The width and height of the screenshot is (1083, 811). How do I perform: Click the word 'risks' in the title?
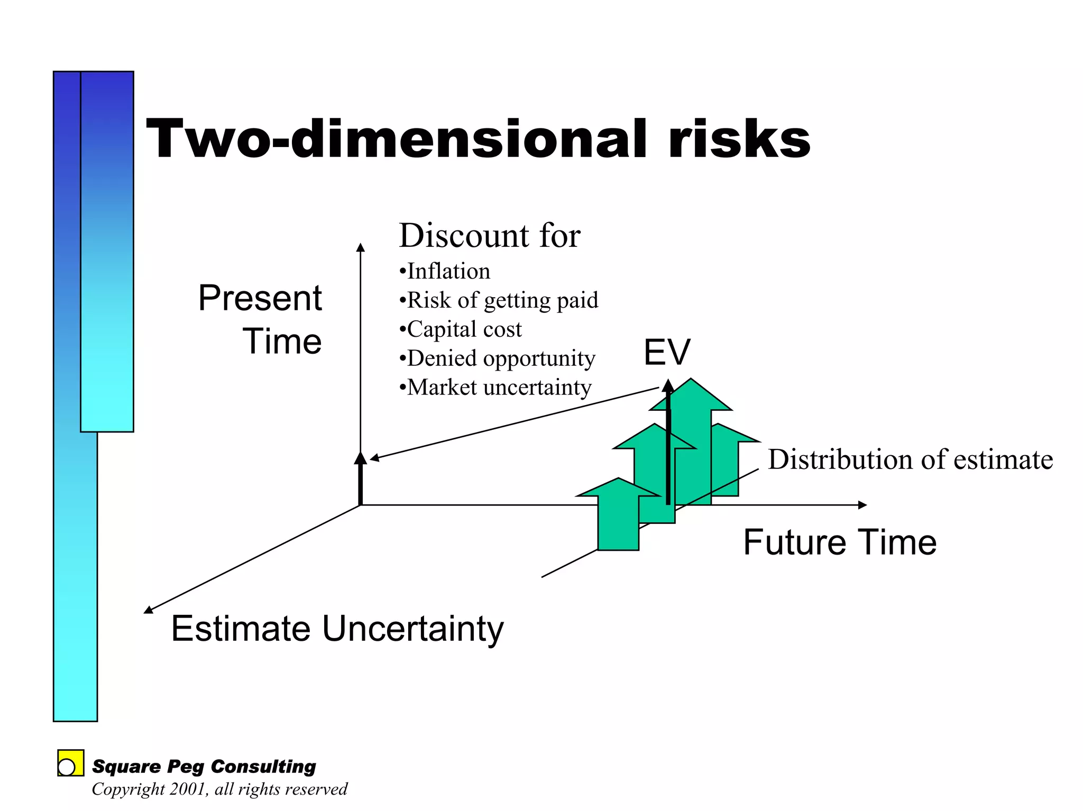[739, 139]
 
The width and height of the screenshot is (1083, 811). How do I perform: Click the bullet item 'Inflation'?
[448, 271]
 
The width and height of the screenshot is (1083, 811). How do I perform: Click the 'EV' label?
[667, 352]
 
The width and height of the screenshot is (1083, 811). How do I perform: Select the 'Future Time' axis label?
[840, 542]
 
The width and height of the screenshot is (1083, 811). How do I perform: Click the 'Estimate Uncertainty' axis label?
[337, 629]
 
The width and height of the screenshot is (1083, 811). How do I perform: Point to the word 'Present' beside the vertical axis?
[260, 298]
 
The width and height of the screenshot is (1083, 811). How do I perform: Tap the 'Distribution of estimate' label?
[910, 459]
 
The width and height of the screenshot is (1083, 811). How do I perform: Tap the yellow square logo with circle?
[70, 763]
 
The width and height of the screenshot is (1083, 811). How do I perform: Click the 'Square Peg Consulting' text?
[204, 767]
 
